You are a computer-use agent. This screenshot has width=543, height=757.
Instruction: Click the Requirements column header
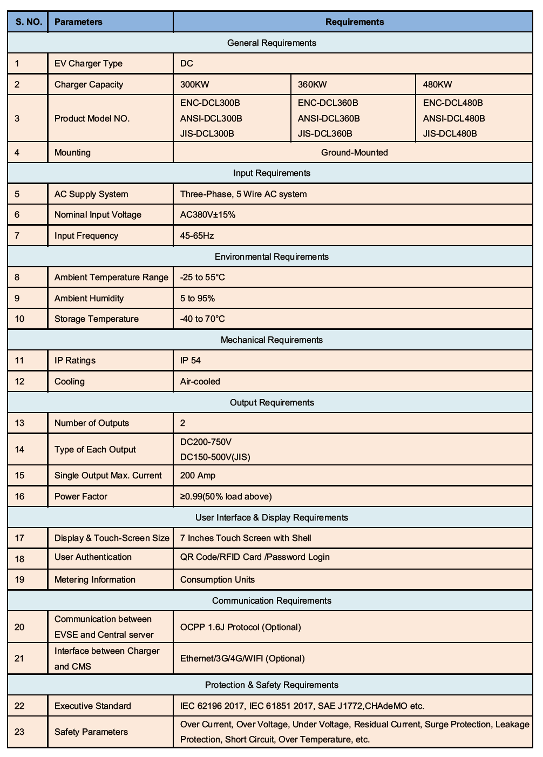(354, 22)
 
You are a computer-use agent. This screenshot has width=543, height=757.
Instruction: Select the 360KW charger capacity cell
(313, 84)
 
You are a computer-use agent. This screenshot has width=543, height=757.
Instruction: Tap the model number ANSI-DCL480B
(453, 118)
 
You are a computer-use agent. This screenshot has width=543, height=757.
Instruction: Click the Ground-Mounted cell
(354, 152)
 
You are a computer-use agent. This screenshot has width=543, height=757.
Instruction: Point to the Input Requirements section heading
(271, 173)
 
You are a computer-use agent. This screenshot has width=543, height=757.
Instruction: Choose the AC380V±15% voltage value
(208, 214)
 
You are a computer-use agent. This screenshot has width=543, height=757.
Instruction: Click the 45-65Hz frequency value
(197, 235)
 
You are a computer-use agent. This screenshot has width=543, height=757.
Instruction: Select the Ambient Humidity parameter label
(89, 298)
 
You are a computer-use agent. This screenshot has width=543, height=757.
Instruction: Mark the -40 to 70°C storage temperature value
(202, 319)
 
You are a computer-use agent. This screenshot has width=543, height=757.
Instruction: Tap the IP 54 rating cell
(191, 360)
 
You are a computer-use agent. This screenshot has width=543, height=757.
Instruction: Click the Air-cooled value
(200, 381)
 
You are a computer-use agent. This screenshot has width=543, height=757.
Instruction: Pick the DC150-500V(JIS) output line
(215, 457)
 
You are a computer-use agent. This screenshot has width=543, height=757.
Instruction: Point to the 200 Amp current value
(198, 475)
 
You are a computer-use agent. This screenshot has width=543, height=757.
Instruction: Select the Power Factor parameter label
(81, 496)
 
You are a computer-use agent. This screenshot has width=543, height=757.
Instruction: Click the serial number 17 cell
(20, 538)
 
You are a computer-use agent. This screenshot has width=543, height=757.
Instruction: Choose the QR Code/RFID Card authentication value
(255, 557)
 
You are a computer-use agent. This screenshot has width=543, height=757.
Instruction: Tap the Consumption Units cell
(218, 579)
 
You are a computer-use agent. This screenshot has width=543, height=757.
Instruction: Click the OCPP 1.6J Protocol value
(240, 627)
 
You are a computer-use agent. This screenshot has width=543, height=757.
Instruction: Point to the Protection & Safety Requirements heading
(271, 685)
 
